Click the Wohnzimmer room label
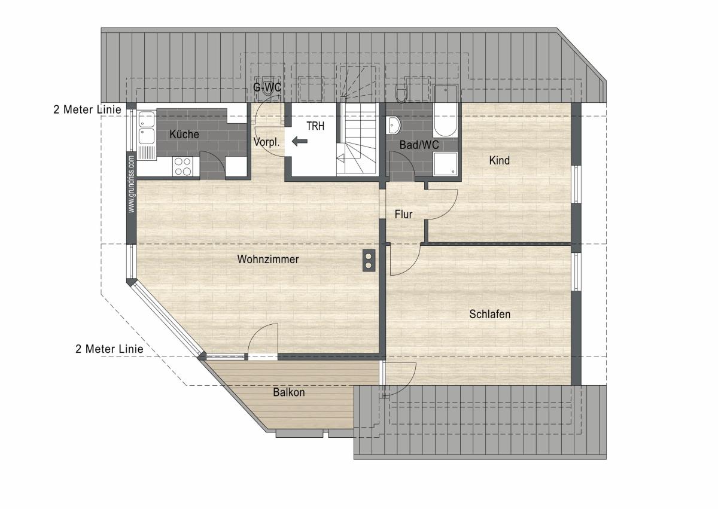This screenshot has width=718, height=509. [268, 259]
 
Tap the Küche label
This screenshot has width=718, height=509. [184, 134]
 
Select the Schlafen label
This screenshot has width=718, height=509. [490, 314]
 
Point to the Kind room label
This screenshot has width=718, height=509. [499, 160]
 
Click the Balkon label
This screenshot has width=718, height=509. [289, 392]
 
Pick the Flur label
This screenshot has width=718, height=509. [403, 214]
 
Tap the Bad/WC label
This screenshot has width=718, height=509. [419, 145]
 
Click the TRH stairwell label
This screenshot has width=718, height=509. [315, 126]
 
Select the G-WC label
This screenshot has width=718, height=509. [267, 87]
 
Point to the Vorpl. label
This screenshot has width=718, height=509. [266, 142]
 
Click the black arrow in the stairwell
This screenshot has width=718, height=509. [300, 141]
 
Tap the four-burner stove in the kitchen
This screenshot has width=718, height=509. [182, 166]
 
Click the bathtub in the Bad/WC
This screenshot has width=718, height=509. [445, 111]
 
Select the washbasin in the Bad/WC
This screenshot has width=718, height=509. [394, 125]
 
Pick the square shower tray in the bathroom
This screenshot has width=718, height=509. [445, 164]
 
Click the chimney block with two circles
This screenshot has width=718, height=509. [369, 260]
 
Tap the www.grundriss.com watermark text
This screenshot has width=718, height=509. [131, 184]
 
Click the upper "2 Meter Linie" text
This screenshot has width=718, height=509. [87, 109]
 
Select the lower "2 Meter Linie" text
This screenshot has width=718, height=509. [109, 349]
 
